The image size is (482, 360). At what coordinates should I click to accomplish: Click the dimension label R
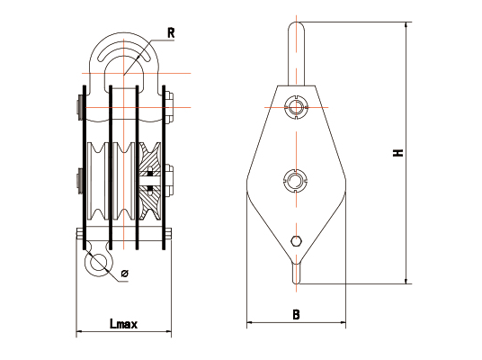click(x=171, y=33)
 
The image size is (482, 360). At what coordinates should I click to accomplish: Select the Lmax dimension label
click(x=124, y=324)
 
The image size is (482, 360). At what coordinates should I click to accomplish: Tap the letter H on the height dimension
click(x=398, y=153)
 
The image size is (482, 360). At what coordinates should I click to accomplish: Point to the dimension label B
click(x=296, y=314)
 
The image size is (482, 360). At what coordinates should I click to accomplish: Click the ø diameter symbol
click(x=124, y=273)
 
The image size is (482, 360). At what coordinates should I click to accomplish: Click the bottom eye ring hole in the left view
click(x=98, y=263)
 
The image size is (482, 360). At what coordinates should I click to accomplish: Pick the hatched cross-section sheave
click(x=149, y=181)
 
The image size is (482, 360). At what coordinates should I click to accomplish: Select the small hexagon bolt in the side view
click(x=296, y=241)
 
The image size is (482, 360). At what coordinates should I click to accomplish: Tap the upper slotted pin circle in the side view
click(x=296, y=107)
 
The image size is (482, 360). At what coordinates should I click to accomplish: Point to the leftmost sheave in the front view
click(x=98, y=181)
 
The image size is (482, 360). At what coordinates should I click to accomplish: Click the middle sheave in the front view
click(x=124, y=181)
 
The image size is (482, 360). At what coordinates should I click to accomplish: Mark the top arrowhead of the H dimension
click(x=406, y=24)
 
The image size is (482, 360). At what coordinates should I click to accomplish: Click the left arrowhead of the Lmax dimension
click(x=79, y=332)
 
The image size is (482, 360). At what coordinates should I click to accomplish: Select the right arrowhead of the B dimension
click(x=343, y=322)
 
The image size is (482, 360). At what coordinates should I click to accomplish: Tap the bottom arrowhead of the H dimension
click(x=406, y=281)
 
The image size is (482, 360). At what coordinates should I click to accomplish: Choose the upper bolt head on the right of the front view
click(x=170, y=107)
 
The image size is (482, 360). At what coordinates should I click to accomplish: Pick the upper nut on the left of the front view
click(x=80, y=108)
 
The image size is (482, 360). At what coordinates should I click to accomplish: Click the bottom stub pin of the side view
click(x=296, y=274)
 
